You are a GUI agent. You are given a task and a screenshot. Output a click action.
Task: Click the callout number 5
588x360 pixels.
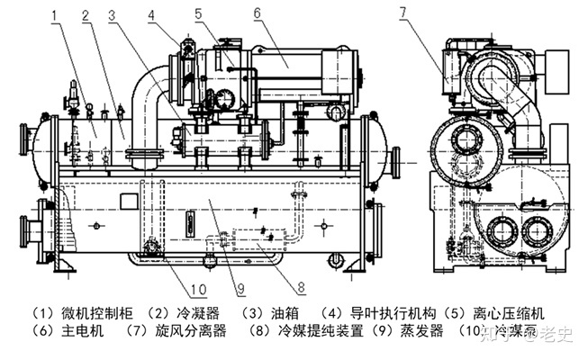(x=197, y=13)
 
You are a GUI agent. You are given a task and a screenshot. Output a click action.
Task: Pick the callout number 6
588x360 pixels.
(x=257, y=13)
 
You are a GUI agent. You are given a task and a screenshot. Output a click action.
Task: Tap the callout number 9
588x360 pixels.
(x=240, y=288)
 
